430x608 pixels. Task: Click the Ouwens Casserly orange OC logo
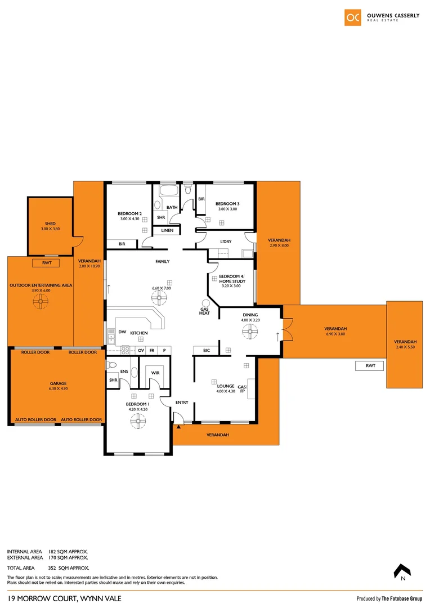(353, 17)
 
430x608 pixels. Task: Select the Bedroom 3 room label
(227, 203)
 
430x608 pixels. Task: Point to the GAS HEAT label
(204, 311)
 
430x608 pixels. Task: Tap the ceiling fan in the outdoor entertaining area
(40, 302)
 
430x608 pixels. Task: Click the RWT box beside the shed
(46, 263)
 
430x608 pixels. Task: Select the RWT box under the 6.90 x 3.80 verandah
(370, 366)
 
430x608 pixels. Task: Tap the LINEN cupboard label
(167, 231)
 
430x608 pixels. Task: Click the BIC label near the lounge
(207, 351)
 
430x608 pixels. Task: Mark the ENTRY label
(182, 403)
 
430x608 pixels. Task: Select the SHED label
(50, 223)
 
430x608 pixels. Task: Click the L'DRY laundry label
(226, 242)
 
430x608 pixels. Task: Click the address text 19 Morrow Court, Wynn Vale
(64, 598)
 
